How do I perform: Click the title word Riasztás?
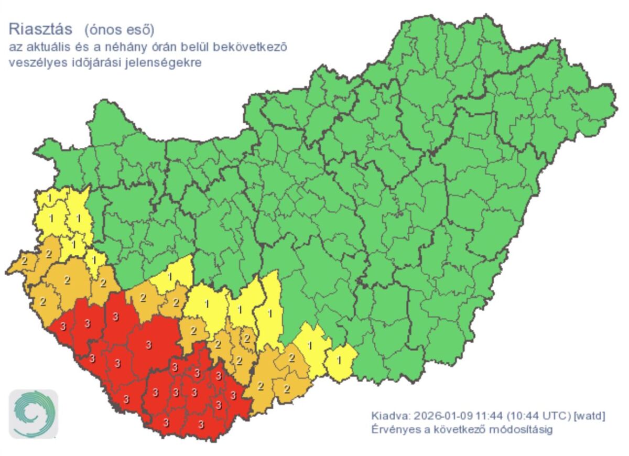40,28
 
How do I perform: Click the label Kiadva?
390,416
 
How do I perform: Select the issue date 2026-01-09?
443,416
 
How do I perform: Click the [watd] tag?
590,416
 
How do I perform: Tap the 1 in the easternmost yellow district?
339,360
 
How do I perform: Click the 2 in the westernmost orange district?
24,260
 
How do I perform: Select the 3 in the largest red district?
149,344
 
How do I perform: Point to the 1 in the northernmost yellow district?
49,198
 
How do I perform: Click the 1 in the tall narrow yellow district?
270,313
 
